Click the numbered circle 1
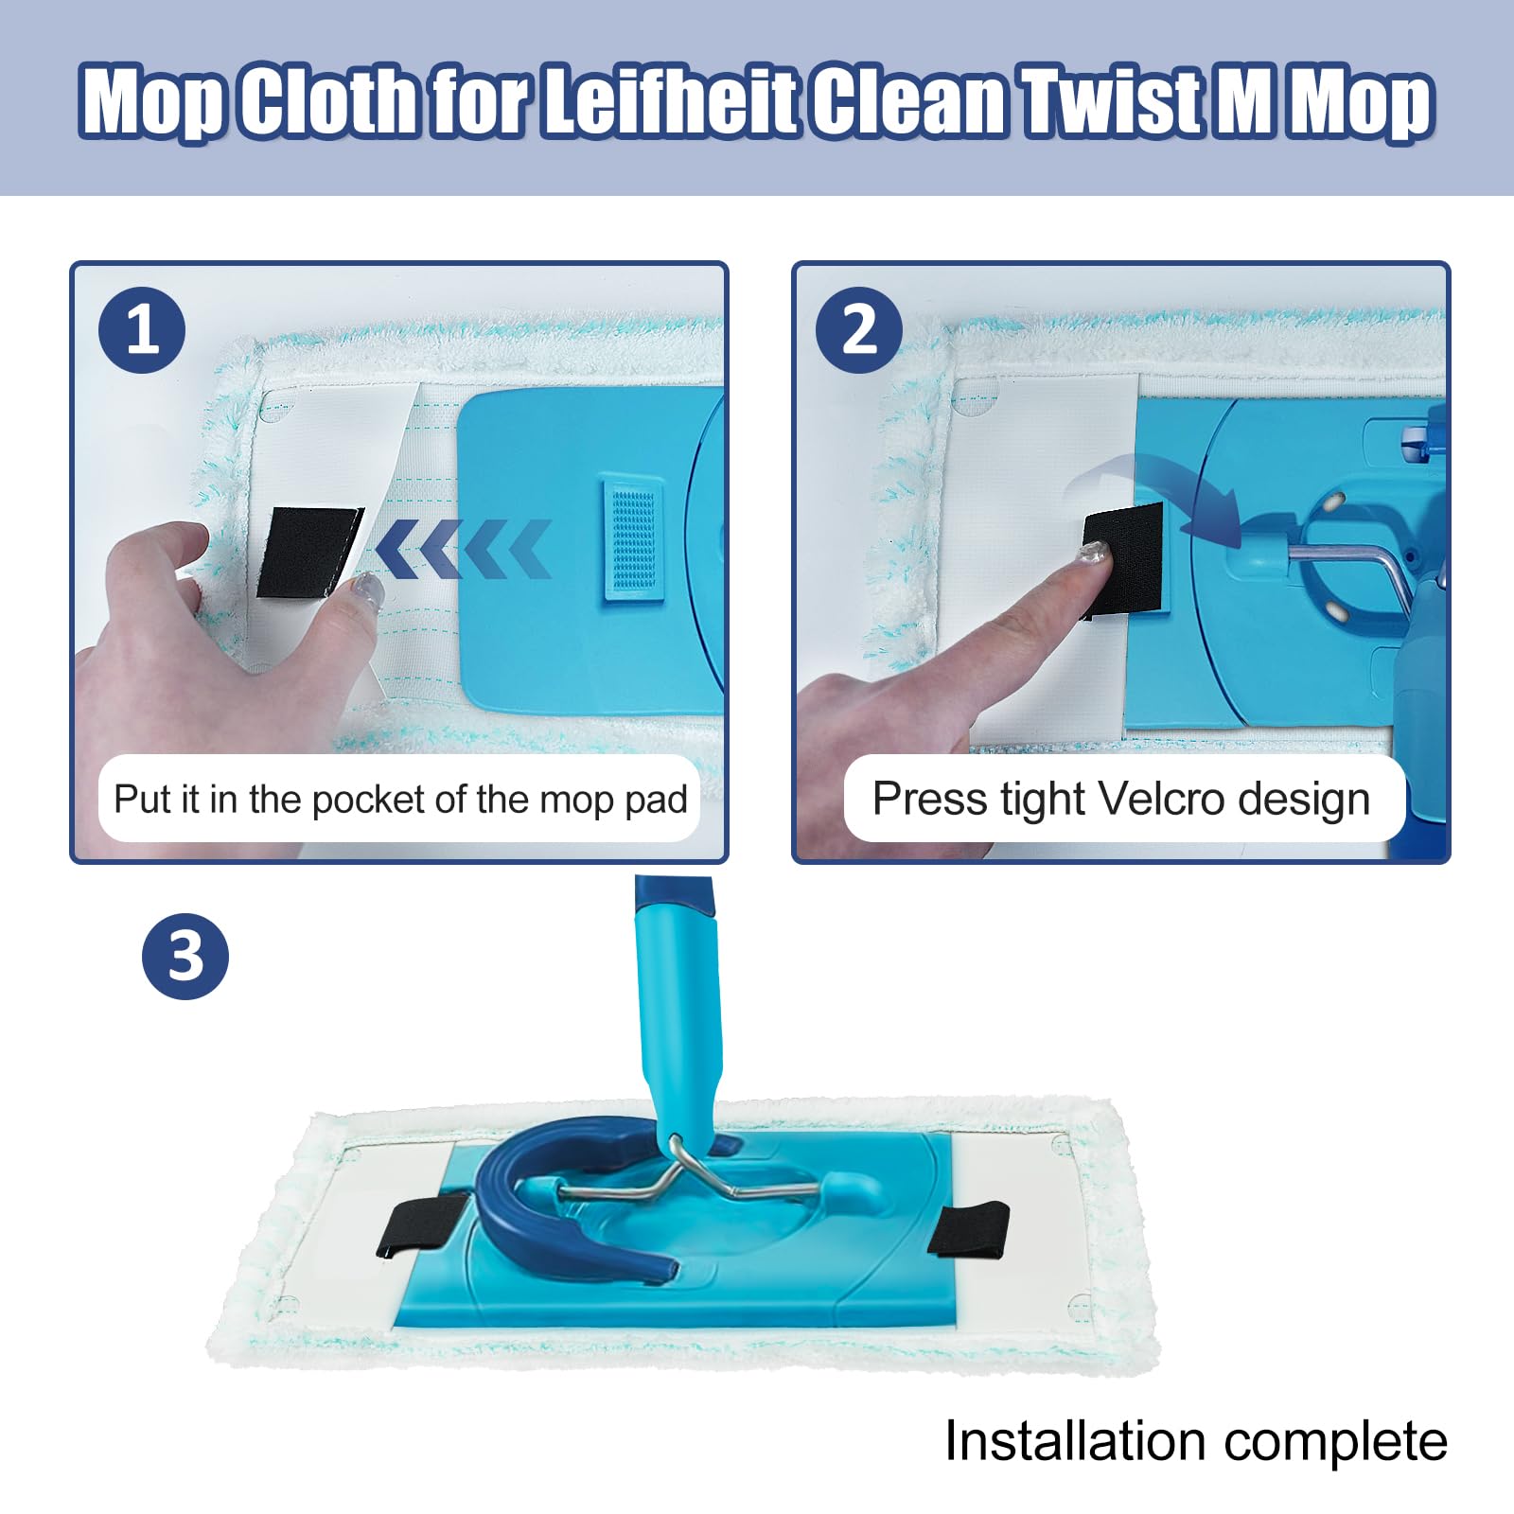pyautogui.click(x=142, y=329)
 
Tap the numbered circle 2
pyautogui.click(x=859, y=329)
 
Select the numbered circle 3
pyautogui.click(x=185, y=956)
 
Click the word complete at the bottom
pyautogui.click(x=1335, y=1443)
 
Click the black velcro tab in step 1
pyautogui.click(x=308, y=552)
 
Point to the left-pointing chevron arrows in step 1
pyautogui.click(x=463, y=549)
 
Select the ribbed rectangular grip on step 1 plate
pyautogui.click(x=632, y=538)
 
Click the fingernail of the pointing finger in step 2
pyautogui.click(x=1094, y=554)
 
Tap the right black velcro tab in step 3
pyautogui.click(x=968, y=1228)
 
